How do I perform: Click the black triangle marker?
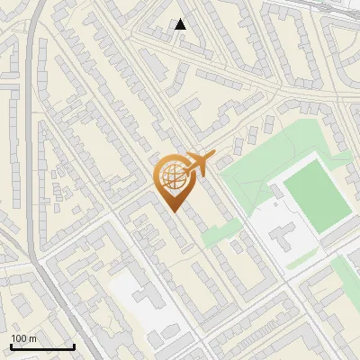point(181,24)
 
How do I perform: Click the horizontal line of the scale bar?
point(42,346)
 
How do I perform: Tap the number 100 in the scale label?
point(19,338)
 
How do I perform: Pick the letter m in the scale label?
point(32,338)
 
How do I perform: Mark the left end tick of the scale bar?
point(11,345)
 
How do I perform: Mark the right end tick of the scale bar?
point(74,345)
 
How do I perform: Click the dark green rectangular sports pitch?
point(316,193)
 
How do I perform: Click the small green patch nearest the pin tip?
point(216,236)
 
